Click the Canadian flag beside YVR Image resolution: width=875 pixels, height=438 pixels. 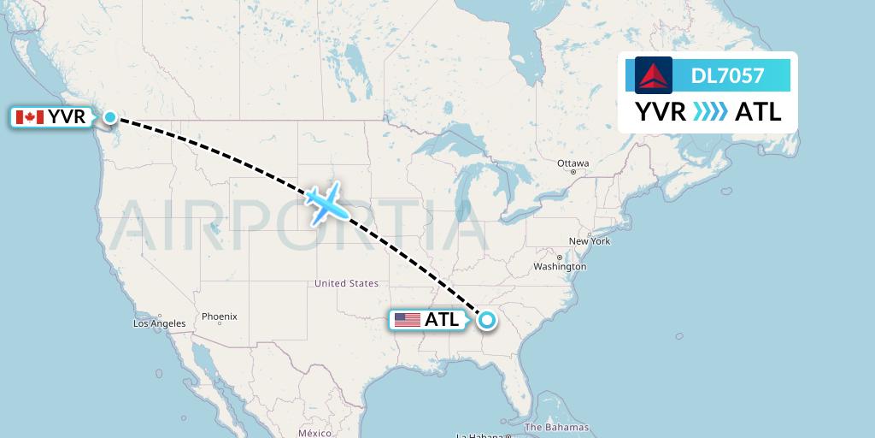point(30,117)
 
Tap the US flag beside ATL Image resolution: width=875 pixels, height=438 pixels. point(408,320)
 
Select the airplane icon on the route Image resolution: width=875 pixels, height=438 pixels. point(325,203)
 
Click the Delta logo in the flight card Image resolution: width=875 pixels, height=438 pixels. point(654,75)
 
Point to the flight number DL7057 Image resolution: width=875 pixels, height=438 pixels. point(727,76)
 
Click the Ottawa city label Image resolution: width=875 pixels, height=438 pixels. point(573,163)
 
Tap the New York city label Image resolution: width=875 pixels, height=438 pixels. point(590,241)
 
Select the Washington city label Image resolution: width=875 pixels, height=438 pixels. point(560,267)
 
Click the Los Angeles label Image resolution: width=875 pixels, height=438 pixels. point(159,323)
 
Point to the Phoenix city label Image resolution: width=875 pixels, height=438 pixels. point(219,317)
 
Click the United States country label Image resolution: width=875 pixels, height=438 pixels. point(346,283)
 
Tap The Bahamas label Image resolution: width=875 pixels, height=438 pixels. point(556,427)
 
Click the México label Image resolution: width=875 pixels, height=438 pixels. point(314,433)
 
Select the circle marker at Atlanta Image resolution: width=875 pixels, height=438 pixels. point(486,321)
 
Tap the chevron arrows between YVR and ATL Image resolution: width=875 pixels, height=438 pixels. point(710,111)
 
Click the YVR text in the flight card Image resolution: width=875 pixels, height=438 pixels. point(661,111)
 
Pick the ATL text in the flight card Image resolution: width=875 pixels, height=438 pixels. point(758,111)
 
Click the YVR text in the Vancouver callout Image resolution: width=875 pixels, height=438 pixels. point(67,117)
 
